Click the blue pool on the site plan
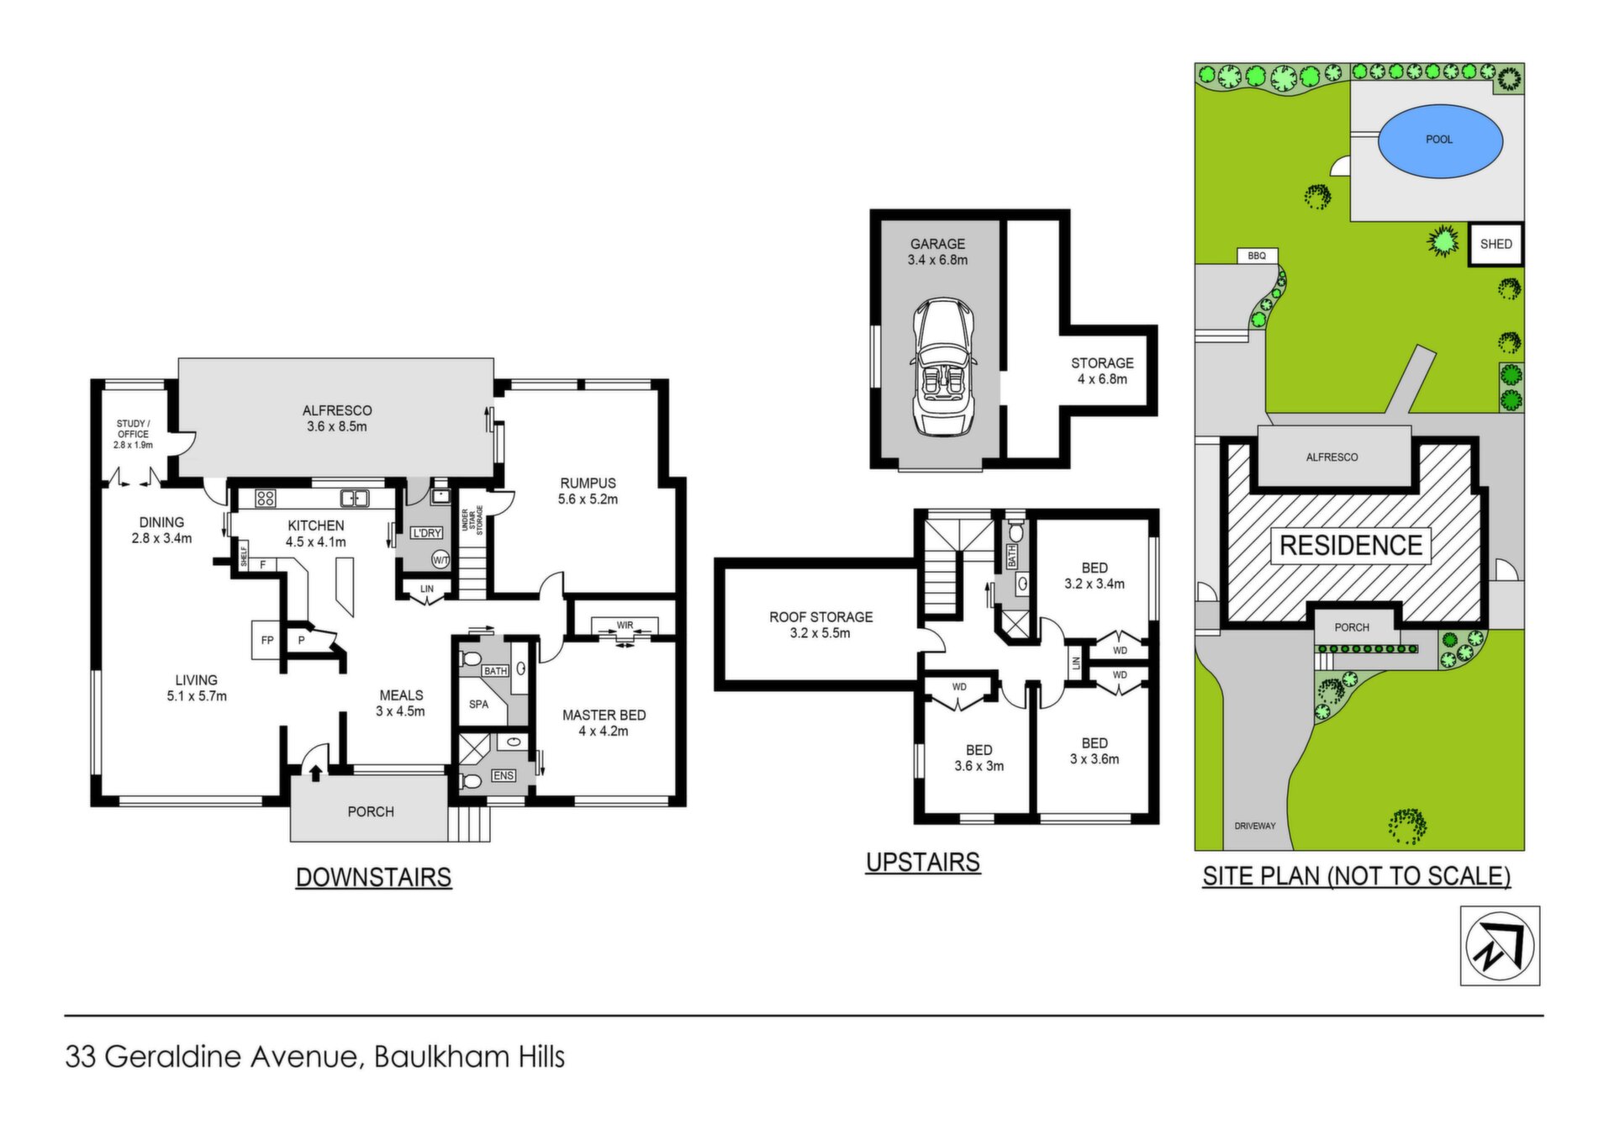click(1439, 140)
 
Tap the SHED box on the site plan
click(1495, 245)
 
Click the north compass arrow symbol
click(1500, 946)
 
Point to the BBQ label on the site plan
click(1257, 256)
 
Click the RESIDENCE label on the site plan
click(1351, 545)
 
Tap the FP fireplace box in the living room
click(266, 640)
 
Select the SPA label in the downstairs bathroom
click(478, 705)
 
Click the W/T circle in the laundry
click(440, 559)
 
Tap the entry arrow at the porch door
click(316, 772)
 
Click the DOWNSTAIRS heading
click(373, 877)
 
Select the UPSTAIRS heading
click(923, 862)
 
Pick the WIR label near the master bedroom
click(625, 626)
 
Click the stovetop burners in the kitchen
click(266, 498)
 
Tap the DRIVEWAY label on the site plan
click(1255, 826)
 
